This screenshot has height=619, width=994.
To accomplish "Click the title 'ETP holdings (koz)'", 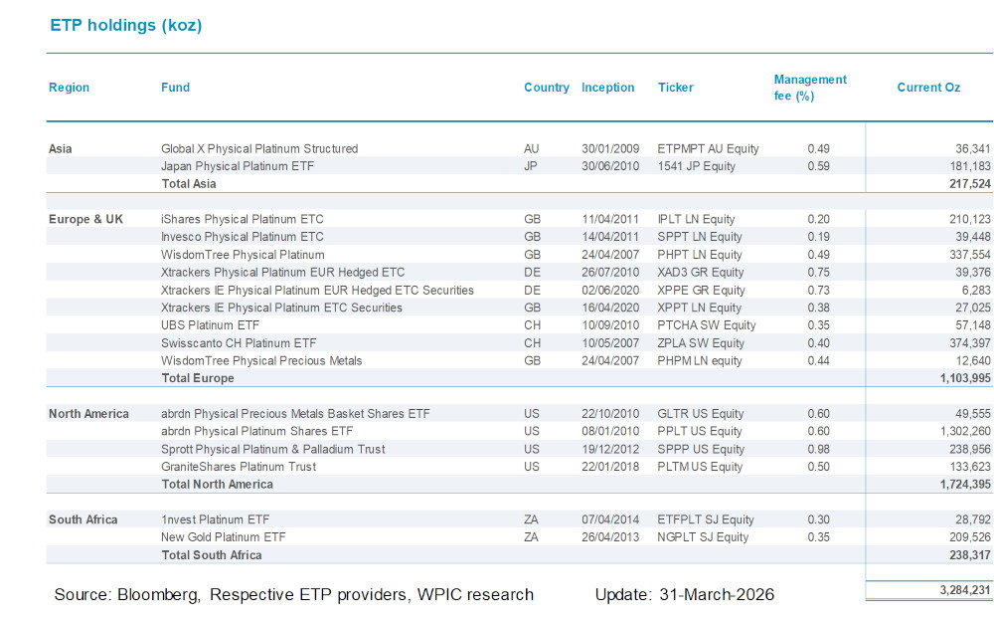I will (x=125, y=26).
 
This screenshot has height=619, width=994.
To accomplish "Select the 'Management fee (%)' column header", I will (x=810, y=88).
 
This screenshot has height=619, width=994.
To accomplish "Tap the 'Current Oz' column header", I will (x=928, y=88).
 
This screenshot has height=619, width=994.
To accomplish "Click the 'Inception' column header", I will (x=607, y=88).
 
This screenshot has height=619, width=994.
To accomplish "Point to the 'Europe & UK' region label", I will (x=85, y=219).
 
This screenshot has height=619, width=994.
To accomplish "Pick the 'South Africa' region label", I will (x=83, y=519).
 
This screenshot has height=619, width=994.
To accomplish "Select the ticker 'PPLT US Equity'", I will (x=700, y=431).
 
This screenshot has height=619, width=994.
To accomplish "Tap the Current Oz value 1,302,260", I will (x=956, y=431).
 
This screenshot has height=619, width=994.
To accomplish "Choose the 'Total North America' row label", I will (x=217, y=485).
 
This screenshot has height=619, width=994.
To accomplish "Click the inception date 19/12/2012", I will (x=608, y=449).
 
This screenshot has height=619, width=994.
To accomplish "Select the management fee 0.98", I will (x=819, y=449).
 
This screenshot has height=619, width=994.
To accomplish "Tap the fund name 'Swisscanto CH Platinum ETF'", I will (x=239, y=343).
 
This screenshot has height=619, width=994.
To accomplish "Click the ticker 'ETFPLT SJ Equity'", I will (x=706, y=519).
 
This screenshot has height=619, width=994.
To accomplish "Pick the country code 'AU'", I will (x=532, y=148).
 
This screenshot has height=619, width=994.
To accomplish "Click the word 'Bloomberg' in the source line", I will (x=153, y=595).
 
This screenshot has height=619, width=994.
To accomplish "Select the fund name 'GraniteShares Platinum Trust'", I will (x=239, y=467).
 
